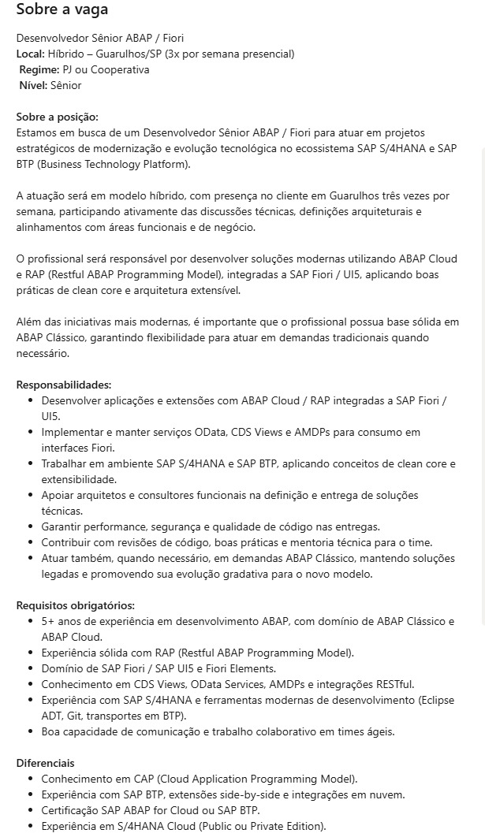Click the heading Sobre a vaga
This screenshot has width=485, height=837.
(x=62, y=10)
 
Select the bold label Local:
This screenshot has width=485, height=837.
(x=30, y=54)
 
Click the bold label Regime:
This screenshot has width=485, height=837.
(x=39, y=69)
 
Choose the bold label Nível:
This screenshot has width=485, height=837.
(x=33, y=85)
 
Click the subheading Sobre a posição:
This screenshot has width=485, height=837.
(x=57, y=117)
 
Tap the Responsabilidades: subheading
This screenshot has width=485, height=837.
(x=64, y=385)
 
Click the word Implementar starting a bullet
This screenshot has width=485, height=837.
(x=72, y=432)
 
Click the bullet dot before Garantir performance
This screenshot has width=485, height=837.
(x=32, y=526)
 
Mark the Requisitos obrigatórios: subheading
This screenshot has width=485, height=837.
(x=75, y=605)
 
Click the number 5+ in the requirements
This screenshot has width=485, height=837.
(x=48, y=621)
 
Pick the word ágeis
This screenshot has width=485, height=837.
(x=378, y=731)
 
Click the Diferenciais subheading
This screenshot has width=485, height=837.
(x=46, y=763)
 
